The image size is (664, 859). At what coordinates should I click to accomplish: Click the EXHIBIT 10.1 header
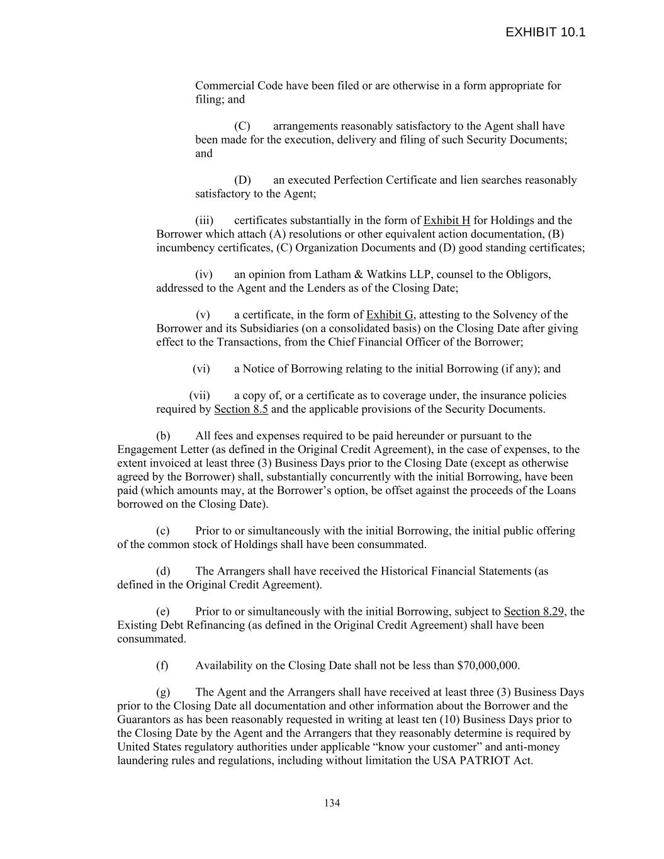[545, 33]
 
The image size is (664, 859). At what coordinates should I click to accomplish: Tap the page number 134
[332, 803]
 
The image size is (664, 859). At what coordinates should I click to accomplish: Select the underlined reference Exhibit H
[447, 220]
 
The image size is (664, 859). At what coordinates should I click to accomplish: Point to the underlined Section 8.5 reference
[241, 409]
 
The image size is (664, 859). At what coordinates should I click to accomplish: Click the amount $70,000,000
[488, 666]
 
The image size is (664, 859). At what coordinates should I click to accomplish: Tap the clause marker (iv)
[204, 274]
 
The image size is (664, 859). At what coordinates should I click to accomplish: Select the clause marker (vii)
[200, 396]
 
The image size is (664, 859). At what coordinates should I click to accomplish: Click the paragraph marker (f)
[162, 666]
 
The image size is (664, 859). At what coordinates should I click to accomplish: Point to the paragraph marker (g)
[163, 693]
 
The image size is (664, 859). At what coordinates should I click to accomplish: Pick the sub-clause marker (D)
[242, 180]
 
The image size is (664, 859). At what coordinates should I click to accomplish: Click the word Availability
[225, 666]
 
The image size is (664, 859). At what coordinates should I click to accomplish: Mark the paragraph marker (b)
[163, 436]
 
